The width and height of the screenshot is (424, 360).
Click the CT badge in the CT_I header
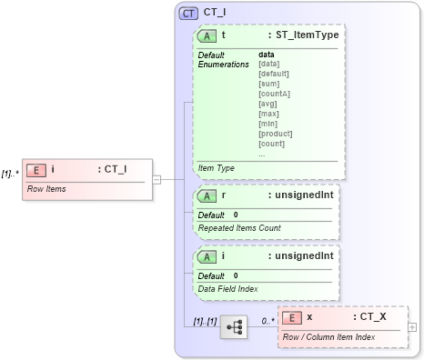click(x=188, y=14)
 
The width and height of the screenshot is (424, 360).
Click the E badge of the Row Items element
click(x=35, y=168)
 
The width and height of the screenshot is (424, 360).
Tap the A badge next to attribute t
click(x=207, y=35)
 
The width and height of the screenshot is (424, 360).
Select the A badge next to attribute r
click(x=207, y=196)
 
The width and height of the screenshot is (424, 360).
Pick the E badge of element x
click(x=292, y=317)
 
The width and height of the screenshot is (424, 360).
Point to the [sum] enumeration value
click(x=270, y=84)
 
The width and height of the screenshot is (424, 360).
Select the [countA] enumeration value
click(x=275, y=94)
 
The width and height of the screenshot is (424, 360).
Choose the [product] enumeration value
click(x=277, y=134)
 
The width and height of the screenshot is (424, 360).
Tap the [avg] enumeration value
click(x=269, y=104)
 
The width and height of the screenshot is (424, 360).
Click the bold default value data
click(x=267, y=55)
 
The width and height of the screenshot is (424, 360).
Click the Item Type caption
click(x=217, y=168)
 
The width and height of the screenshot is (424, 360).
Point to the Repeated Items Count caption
click(x=238, y=228)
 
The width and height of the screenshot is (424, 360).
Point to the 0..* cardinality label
click(x=267, y=321)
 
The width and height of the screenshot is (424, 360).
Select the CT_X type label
click(x=371, y=317)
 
